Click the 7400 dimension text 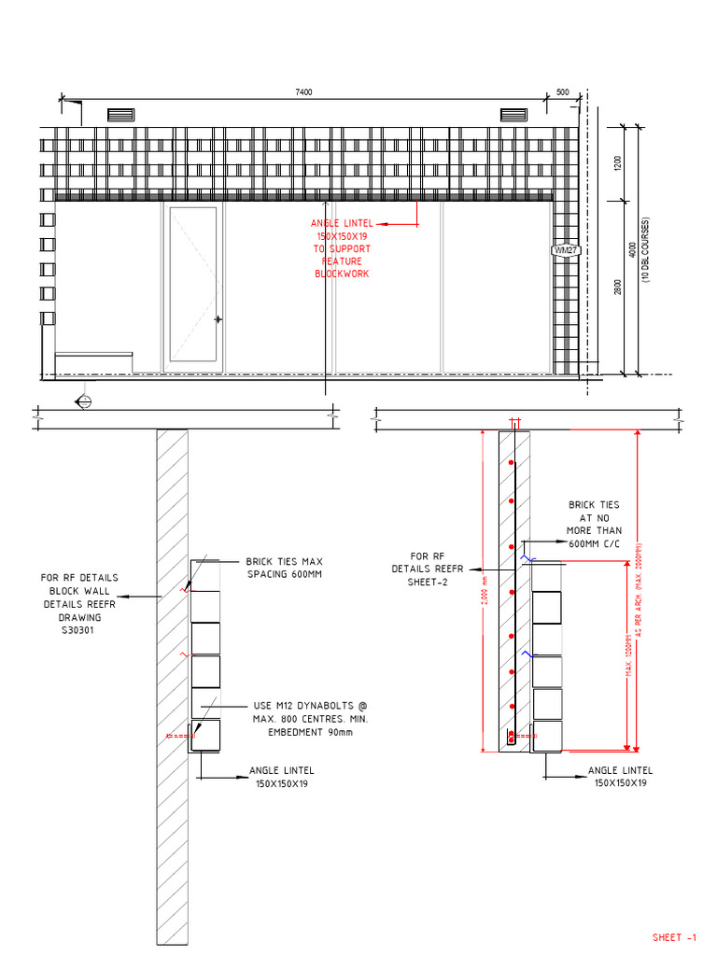click(x=303, y=91)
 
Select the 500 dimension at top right click(x=562, y=91)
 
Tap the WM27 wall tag click(x=566, y=251)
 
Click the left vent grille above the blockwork click(x=121, y=115)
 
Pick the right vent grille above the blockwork click(x=513, y=115)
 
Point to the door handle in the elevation click(x=218, y=319)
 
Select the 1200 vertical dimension click(x=617, y=163)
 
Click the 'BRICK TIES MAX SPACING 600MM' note click(x=284, y=568)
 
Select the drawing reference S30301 click(x=78, y=630)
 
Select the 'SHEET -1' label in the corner click(x=674, y=937)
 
